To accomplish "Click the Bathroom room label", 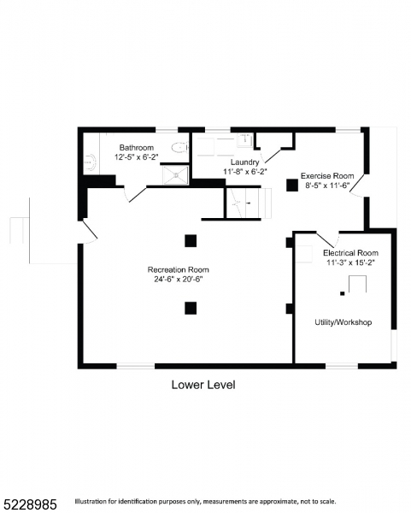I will [x=136, y=148].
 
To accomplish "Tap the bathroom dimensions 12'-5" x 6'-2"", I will [x=136, y=157].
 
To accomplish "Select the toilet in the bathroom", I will [x=179, y=148].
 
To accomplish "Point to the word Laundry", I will [x=244, y=162].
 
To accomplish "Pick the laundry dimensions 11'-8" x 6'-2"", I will [x=245, y=171].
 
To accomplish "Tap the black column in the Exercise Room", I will [x=292, y=183].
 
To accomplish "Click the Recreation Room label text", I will [x=178, y=269].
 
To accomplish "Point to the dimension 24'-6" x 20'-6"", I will [x=178, y=279].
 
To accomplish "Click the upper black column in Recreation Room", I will [x=191, y=240].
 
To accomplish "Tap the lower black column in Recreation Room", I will [x=191, y=308].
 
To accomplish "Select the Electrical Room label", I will [x=349, y=253].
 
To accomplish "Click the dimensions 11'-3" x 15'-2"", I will [x=349, y=262].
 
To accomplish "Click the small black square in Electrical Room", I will [x=342, y=293].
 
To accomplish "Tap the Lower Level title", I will [x=203, y=385].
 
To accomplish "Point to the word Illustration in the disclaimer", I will [x=93, y=501].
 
